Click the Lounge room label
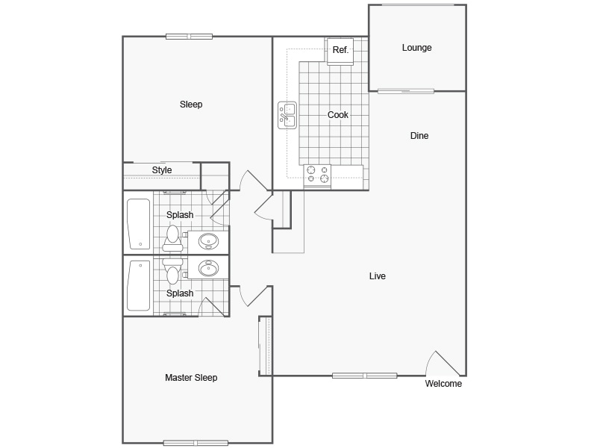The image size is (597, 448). [x=416, y=48]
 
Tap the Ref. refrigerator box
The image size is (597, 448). [x=340, y=51]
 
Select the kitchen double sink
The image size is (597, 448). [x=287, y=115]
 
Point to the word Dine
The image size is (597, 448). [x=419, y=136]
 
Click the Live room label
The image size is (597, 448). [x=378, y=276]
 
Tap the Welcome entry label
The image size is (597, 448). [x=443, y=384]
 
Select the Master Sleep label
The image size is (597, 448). [x=191, y=378]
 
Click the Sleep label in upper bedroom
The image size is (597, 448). [x=191, y=105]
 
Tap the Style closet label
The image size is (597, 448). [x=162, y=170]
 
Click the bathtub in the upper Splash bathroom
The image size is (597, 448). [x=138, y=223]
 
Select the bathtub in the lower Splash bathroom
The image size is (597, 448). [x=138, y=285]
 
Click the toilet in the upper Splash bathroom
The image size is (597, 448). [x=173, y=237]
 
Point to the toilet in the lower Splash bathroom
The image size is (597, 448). [x=173, y=273]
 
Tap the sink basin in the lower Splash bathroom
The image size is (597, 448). [x=208, y=267]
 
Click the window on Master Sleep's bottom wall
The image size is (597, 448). [x=196, y=443]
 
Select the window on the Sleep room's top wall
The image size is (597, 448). [x=189, y=36]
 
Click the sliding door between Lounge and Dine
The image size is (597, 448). [x=405, y=91]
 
